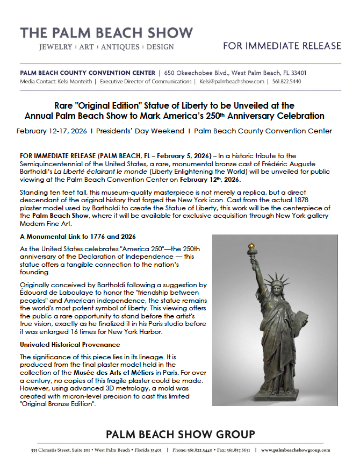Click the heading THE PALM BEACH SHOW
(106, 32)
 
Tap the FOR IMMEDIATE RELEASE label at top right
(282, 46)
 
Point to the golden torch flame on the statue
(250, 247)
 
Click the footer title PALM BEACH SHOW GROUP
(180, 434)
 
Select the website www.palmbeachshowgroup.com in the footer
(296, 450)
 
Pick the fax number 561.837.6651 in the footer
(238, 450)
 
